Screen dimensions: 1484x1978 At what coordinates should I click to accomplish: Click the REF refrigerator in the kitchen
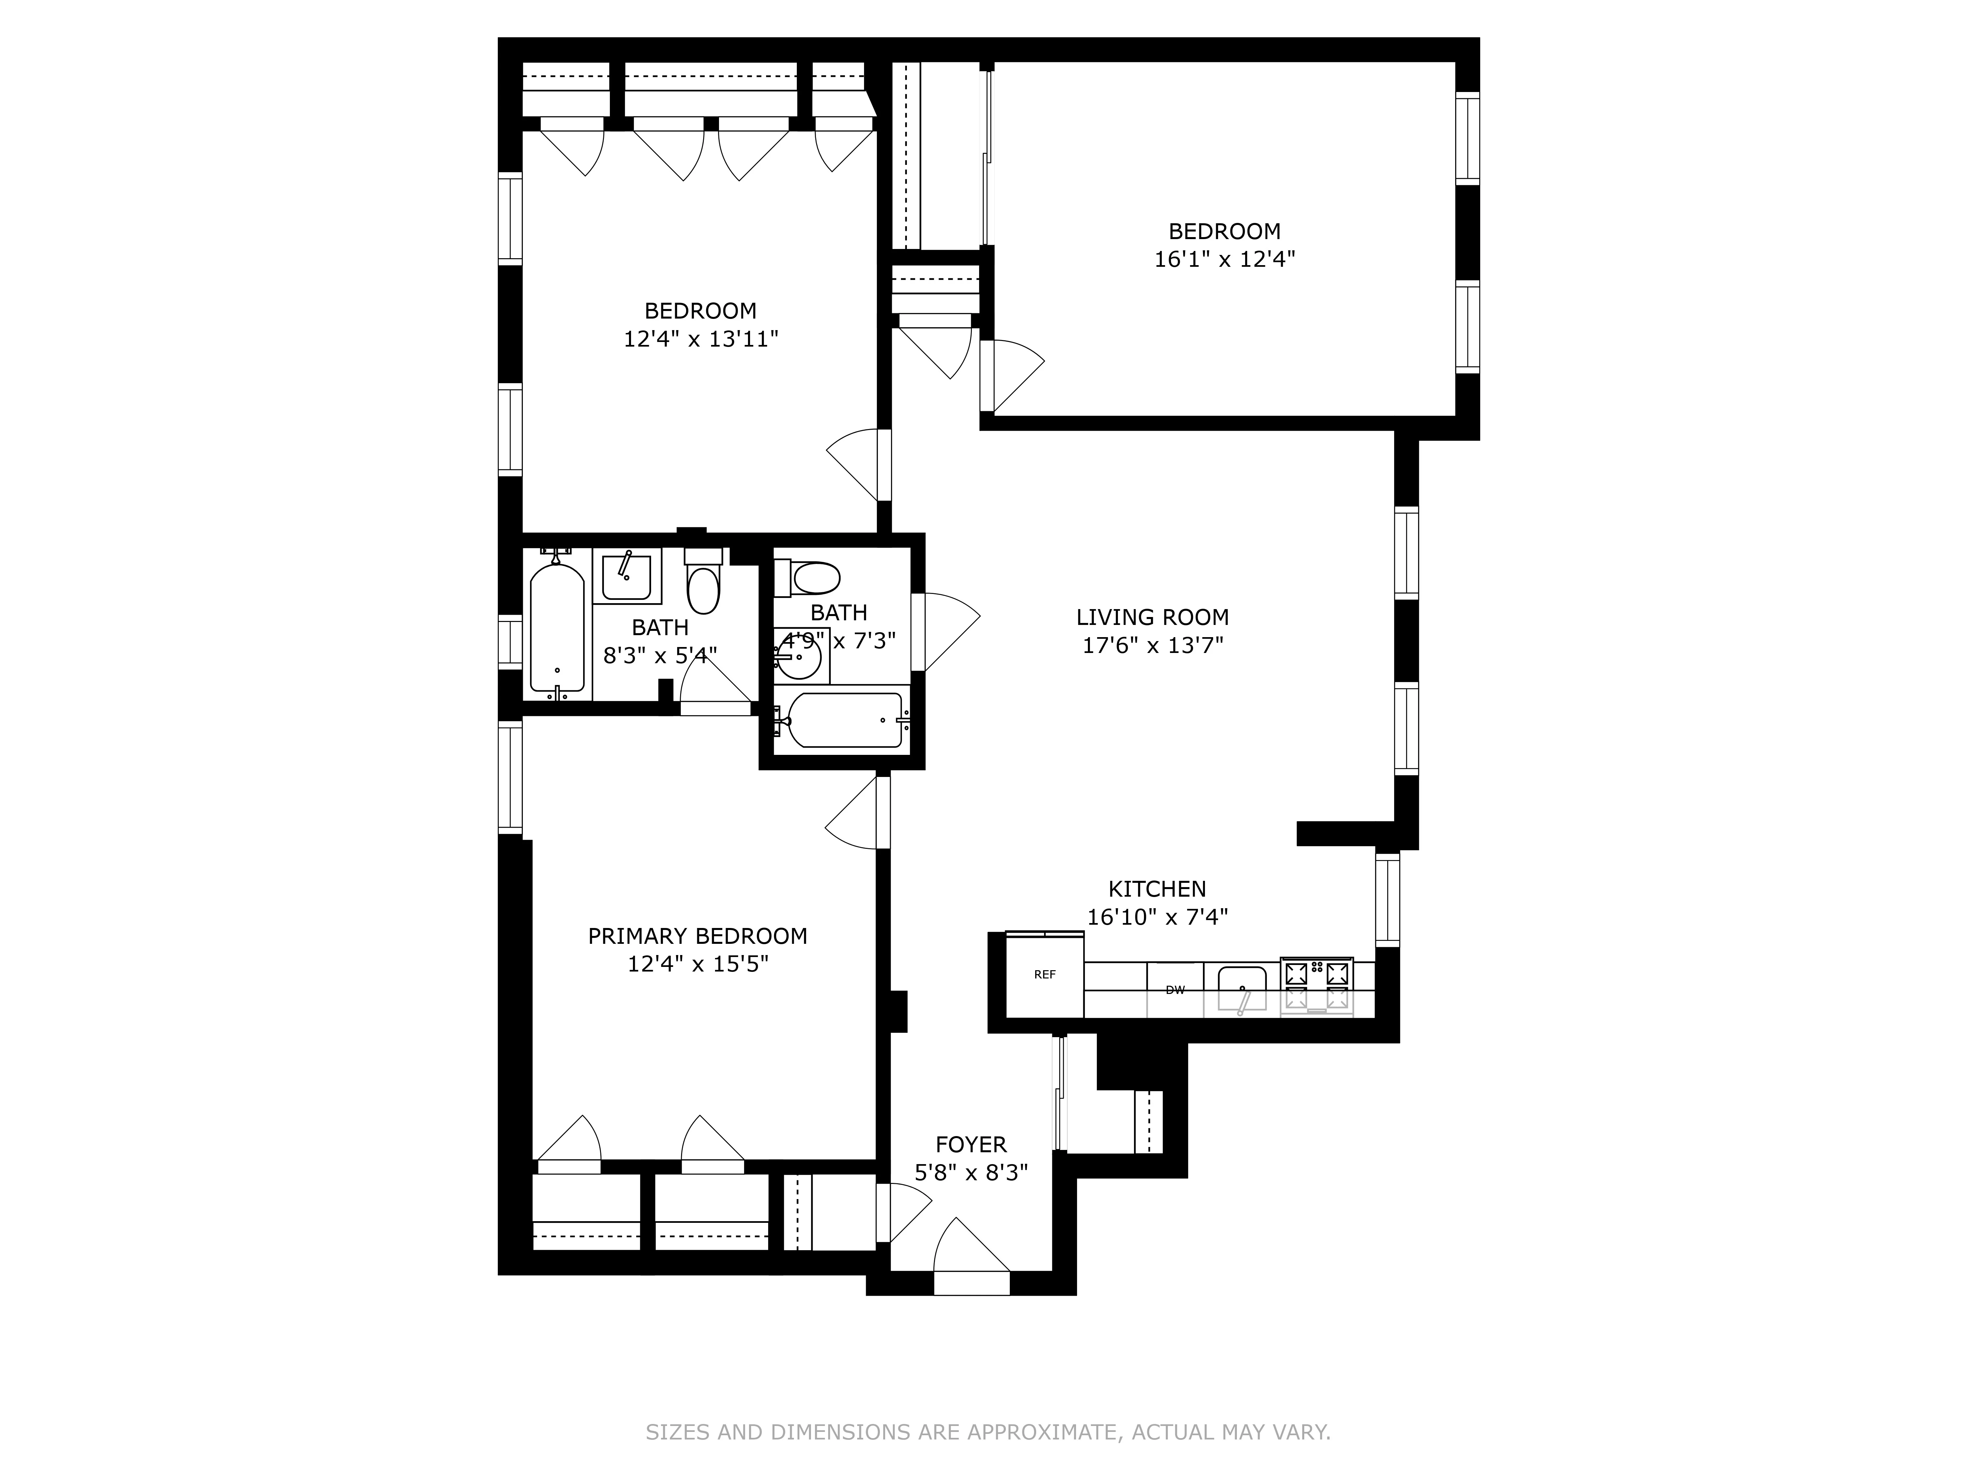pyautogui.click(x=1044, y=975)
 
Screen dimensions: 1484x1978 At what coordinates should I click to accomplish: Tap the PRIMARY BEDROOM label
pyautogui.click(x=698, y=937)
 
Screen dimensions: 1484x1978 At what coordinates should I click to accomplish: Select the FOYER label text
pyautogui.click(x=971, y=1145)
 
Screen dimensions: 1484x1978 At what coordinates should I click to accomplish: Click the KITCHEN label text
pyautogui.click(x=1157, y=889)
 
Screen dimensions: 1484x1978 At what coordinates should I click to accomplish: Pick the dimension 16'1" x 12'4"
pyautogui.click(x=1224, y=260)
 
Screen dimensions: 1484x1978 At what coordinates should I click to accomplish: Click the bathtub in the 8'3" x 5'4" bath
pyautogui.click(x=557, y=626)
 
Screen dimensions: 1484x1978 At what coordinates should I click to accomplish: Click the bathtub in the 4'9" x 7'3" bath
pyautogui.click(x=845, y=720)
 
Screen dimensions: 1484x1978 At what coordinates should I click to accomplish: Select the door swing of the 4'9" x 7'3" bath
pyautogui.click(x=948, y=631)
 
